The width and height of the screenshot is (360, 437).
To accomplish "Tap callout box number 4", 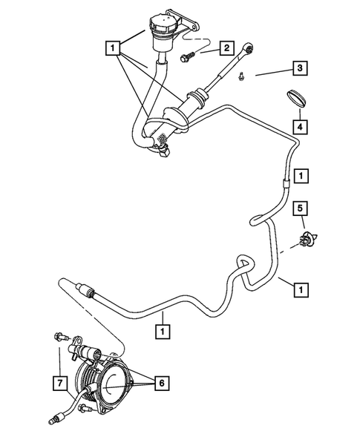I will pos(300,126).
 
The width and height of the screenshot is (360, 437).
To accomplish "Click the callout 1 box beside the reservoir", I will pos(113,50).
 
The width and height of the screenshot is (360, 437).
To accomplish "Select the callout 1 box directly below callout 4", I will pos(300,177).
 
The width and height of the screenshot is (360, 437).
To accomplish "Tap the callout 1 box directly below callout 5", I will pos(300,286).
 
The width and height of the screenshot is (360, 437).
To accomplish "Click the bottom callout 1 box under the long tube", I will pos(160,327).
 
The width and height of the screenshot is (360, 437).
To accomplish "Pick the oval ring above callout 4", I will pos(296,99).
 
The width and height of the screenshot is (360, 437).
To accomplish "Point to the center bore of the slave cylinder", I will pos(114,385).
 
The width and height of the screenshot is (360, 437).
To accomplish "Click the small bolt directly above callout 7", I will pos(58,338).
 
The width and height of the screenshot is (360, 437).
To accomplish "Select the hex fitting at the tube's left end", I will pos(84,287).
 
